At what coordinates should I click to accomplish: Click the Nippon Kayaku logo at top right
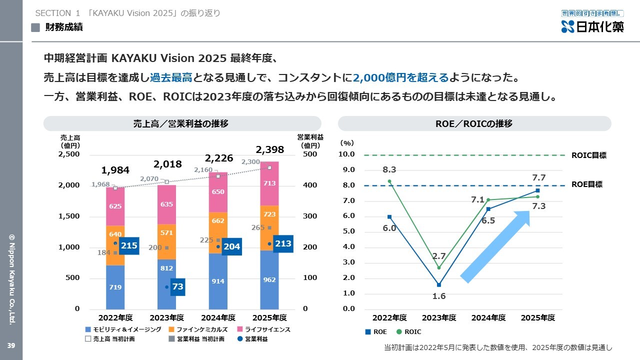pyautogui.click(x=592, y=22)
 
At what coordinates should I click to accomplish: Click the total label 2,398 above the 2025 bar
pyautogui.click(x=269, y=149)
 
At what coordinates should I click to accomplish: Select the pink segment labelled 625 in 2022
pyautogui.click(x=115, y=206)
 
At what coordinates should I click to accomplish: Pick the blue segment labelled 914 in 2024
pyautogui.click(x=218, y=281)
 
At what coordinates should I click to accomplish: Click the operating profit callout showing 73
pyautogui.click(x=177, y=287)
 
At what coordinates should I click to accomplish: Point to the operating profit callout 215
pyautogui.click(x=128, y=245)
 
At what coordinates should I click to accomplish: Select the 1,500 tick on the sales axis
pyautogui.click(x=69, y=216)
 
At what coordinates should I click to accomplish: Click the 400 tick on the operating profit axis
pyautogui.click(x=310, y=185)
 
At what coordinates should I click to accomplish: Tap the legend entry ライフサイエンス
pyautogui.click(x=266, y=329)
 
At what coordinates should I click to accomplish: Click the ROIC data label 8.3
pyautogui.click(x=389, y=170)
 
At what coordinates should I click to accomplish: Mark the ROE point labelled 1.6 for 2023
pyautogui.click(x=439, y=285)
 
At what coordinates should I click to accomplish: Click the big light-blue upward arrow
pyautogui.click(x=495, y=246)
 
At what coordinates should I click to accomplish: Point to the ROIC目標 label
pyautogui.click(x=588, y=155)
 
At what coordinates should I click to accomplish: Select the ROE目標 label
pyautogui.click(x=586, y=184)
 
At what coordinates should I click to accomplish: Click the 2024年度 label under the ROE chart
pyautogui.click(x=488, y=318)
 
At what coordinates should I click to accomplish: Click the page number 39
pyautogui.click(x=11, y=346)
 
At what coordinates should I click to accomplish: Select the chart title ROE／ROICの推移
pyautogui.click(x=474, y=123)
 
